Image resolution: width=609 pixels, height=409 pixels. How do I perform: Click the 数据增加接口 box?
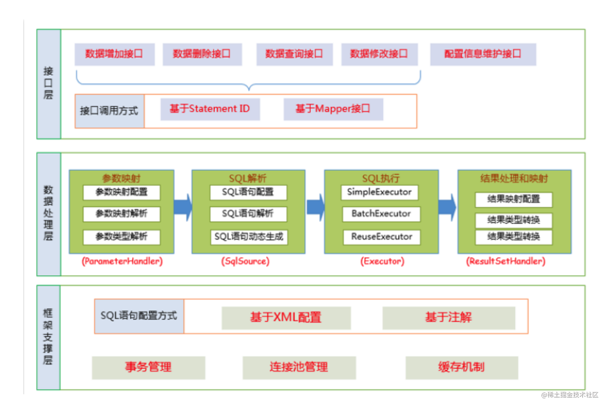pos(114,54)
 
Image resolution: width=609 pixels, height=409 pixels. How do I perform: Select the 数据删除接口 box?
pos(202,54)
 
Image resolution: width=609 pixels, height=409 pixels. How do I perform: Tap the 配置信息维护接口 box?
pos(483,54)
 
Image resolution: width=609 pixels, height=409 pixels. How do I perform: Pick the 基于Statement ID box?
pos(210,109)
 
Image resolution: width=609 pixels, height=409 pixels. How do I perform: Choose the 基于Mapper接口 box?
pos(333,109)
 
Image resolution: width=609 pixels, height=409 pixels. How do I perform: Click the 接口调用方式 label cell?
pos(109,111)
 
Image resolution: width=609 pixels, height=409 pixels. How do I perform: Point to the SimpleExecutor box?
pos(379,192)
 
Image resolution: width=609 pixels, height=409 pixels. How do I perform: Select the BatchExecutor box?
pos(381,214)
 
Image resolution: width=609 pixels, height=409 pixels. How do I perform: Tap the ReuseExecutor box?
pos(382,237)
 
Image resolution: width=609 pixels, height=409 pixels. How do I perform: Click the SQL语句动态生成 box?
pos(249,237)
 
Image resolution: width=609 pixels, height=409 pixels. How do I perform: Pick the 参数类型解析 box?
pos(122,237)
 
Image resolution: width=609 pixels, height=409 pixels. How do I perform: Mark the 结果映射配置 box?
pos(513,200)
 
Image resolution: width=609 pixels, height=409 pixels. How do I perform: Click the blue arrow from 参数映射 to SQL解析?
pos(183,207)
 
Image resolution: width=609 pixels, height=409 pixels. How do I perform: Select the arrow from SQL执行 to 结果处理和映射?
pos(447,207)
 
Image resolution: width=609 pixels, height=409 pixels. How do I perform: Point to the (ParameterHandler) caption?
pos(122,262)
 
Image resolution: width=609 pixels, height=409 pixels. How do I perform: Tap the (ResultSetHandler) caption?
pos(506,262)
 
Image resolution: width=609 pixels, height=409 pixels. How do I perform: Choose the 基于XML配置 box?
pos(286,318)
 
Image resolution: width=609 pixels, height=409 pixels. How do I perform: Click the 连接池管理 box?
pos(299,367)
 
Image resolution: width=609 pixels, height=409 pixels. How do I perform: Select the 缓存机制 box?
pos(461,367)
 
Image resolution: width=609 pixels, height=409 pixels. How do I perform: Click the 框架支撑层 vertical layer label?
pos(48,337)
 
